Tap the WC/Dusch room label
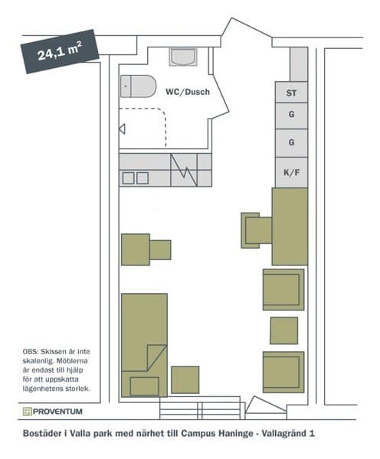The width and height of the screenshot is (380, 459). [x=187, y=92]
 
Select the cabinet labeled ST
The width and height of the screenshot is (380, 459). [x=291, y=93]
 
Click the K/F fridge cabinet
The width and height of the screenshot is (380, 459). [x=291, y=173]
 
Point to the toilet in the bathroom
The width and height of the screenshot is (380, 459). [x=137, y=86]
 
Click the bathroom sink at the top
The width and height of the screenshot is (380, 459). [x=184, y=57]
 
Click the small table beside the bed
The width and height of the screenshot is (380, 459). [x=185, y=379]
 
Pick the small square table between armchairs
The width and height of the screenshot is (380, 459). [x=283, y=330]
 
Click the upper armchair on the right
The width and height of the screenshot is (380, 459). [x=283, y=289]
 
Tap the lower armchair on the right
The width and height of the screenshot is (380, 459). [x=283, y=371]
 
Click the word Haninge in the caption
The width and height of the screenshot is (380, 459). [x=230, y=434]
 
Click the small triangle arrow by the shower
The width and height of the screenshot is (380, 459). [x=122, y=129]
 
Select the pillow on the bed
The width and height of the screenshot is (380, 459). [x=144, y=386]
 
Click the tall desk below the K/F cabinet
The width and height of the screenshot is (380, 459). [x=290, y=226]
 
